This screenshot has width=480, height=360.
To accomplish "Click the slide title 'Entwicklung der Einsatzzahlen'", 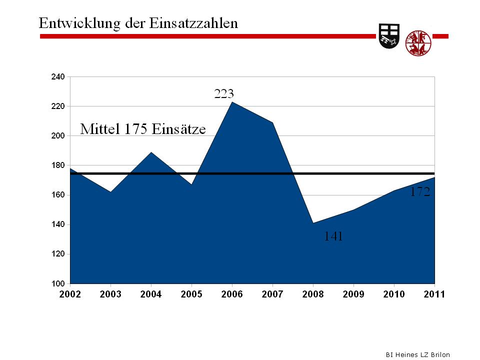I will coord(138,23).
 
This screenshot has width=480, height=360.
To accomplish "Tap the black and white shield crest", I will coord(389,36).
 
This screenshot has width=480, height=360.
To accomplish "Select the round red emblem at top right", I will coord(418,43).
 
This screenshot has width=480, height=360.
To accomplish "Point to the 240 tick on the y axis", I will coord(58,77).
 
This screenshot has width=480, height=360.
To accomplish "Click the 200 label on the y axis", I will coord(58,136).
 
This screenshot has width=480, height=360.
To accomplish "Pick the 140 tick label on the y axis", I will coord(58,224).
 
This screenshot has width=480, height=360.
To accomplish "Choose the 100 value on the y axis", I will coord(58,283).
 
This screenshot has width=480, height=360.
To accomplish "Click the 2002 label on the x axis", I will coord(70,294).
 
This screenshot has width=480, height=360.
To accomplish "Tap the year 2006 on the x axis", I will coord(232,294).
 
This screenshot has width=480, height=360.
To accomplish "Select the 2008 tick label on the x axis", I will coord(313,294).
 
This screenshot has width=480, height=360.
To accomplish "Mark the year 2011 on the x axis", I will coord(434,294).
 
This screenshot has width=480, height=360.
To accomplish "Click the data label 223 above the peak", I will coord(224,93).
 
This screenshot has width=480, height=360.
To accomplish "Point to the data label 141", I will coord(333,236).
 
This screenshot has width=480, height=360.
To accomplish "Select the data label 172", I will coord(420,192).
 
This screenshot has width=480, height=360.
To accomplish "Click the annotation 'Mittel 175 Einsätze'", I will coord(143,129).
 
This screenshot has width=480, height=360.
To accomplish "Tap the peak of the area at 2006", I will coord(232,102).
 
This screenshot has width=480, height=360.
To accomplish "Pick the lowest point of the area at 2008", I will coord(313,223).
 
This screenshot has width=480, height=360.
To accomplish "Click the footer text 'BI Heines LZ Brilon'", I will coord(417,354).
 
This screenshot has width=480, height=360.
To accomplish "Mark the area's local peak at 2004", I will coord(151,152).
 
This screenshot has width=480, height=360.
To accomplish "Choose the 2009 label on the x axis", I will coord(353,294).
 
